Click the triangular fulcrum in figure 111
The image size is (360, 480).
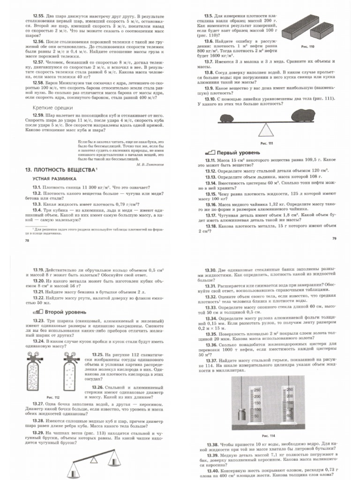[266, 129]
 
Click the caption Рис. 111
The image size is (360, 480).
[266, 143]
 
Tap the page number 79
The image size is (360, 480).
[334, 239]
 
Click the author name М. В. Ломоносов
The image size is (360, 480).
[150, 165]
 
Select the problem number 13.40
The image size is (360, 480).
[212, 471]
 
